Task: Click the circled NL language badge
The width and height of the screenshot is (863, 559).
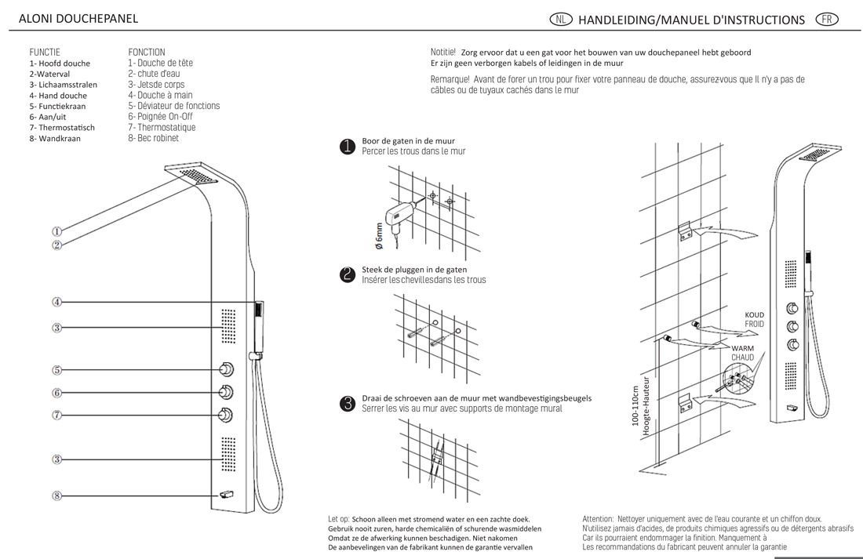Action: (562, 19)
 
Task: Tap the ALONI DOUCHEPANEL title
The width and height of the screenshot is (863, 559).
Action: (78, 18)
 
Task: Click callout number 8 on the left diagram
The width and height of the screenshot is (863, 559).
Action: (57, 495)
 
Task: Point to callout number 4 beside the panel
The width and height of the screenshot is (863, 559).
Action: (57, 302)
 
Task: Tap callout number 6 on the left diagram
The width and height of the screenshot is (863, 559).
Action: (57, 393)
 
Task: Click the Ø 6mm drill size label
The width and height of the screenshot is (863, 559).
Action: (380, 235)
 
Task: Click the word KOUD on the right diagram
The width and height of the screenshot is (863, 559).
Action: (754, 315)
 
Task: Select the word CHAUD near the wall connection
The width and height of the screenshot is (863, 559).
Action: (742, 358)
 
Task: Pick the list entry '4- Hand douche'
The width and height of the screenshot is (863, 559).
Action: (58, 96)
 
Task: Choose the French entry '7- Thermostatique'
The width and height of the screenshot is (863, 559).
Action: (162, 128)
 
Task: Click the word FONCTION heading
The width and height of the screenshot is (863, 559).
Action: (147, 53)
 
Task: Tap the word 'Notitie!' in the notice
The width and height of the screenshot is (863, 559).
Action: (443, 52)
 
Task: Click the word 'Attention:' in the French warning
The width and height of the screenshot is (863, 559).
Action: (598, 518)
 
